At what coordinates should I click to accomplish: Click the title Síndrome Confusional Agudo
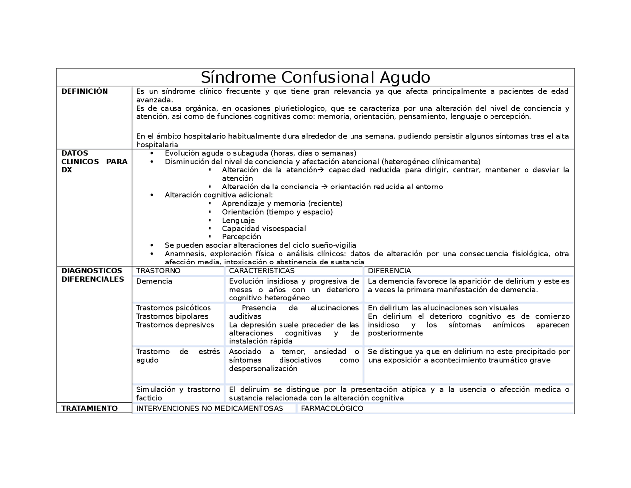tap(315, 77)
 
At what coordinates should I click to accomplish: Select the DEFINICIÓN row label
tap(84, 91)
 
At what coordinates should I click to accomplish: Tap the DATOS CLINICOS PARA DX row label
tap(94, 161)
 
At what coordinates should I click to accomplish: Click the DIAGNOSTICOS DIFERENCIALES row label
tap(92, 275)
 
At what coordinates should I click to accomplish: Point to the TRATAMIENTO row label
tap(89, 408)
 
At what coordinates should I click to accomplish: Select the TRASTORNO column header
tap(158, 271)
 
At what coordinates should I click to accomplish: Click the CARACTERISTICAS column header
tap(261, 271)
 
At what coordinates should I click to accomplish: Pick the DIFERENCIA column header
tap(389, 271)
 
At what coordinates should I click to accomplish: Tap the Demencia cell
tap(154, 281)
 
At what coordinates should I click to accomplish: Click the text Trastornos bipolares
tap(172, 316)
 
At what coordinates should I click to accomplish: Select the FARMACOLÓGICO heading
tap(332, 408)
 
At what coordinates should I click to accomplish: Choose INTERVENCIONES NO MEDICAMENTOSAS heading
tap(210, 408)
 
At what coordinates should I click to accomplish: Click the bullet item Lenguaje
tap(238, 220)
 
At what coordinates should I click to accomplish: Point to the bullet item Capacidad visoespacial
tap(264, 228)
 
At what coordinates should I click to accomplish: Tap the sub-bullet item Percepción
tap(241, 237)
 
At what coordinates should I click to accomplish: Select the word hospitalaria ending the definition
tap(157, 145)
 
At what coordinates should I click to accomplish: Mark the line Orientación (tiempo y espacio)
tap(277, 212)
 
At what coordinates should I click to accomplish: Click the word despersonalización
tap(263, 369)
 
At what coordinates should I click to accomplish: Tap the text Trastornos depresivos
tap(175, 325)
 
